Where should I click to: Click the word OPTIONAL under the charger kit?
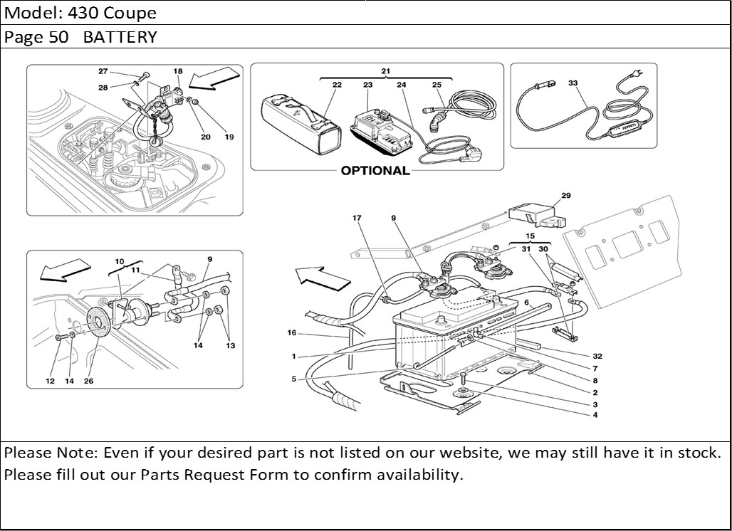tap(375, 171)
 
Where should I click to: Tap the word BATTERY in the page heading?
tap(120, 37)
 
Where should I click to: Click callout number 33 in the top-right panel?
tap(572, 83)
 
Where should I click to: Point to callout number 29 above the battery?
tap(566, 195)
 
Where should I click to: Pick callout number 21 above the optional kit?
tap(385, 72)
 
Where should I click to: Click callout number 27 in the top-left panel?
tap(103, 71)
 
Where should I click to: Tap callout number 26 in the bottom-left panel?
tap(89, 381)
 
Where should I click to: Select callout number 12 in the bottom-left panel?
tap(51, 381)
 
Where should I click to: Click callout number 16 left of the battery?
tap(292, 332)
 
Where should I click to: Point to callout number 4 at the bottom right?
tap(595, 415)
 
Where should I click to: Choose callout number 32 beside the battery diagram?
tap(597, 356)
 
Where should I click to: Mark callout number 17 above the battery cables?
tap(357, 218)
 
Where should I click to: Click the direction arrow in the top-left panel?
tap(214, 79)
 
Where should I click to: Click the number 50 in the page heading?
tap(59, 37)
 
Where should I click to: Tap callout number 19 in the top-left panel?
tap(229, 137)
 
